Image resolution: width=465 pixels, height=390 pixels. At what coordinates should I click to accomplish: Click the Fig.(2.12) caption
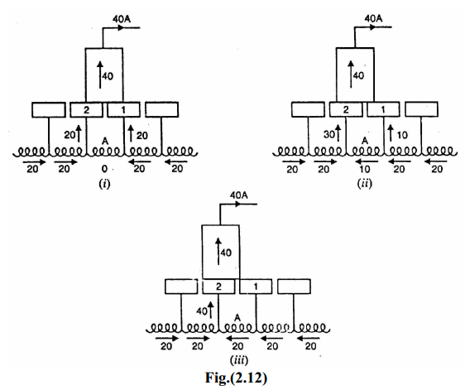232,376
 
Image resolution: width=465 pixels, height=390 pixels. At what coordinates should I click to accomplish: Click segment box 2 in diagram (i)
85,108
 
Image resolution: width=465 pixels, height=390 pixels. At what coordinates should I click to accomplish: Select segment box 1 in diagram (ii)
382,108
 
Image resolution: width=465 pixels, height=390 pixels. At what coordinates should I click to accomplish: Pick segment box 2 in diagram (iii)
219,286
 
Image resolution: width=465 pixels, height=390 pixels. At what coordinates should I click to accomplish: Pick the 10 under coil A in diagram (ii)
362,169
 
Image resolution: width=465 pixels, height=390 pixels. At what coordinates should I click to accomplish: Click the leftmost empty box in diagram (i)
48,108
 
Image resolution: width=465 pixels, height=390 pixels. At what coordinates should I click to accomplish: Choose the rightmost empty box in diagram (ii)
420,108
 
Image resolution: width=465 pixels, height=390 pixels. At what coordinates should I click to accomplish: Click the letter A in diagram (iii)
237,316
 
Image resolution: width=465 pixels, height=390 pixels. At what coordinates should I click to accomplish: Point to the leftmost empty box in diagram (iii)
181,286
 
